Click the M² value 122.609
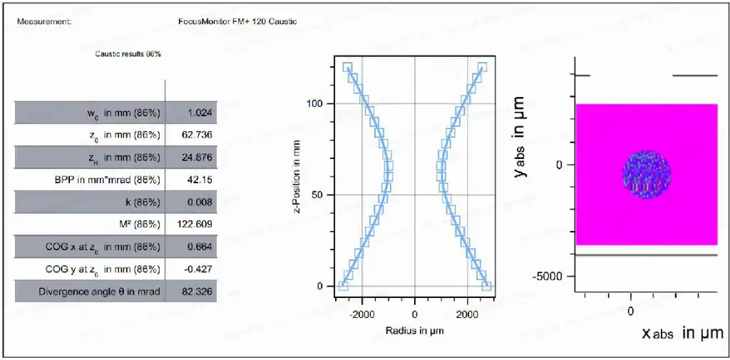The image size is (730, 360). tap(194, 225)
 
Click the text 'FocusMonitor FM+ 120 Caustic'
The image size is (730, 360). tap(237, 21)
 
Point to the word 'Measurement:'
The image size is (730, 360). tap(44, 21)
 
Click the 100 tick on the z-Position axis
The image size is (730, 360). tap(316, 103)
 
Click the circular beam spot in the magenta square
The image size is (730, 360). tap(647, 174)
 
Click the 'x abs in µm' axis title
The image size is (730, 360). tap(683, 333)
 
